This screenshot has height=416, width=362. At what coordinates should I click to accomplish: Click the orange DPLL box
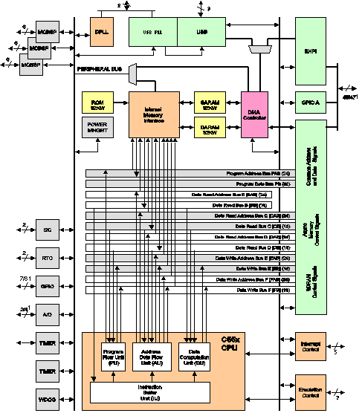tap(102, 32)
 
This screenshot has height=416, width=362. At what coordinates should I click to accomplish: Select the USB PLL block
tap(152, 32)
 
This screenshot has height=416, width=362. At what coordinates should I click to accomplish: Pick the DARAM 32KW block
tap(208, 129)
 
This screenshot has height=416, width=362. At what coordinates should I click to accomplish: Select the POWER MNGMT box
tap(97, 128)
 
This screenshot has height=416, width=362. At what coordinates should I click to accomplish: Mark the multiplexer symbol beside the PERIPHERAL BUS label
tap(133, 73)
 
